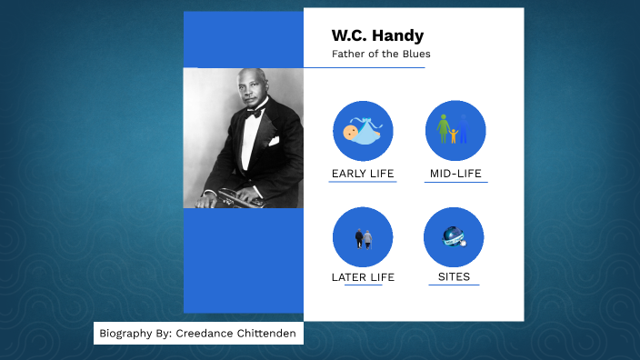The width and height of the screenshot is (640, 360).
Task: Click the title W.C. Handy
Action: (x=377, y=36)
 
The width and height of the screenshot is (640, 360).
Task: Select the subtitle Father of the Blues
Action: (x=380, y=55)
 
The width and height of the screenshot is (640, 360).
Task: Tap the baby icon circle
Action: (x=363, y=131)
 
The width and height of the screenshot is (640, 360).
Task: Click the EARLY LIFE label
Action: (x=363, y=174)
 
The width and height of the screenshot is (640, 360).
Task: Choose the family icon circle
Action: (x=455, y=131)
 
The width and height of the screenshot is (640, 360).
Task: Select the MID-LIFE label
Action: (x=455, y=174)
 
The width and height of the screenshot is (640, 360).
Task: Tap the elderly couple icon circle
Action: (x=363, y=237)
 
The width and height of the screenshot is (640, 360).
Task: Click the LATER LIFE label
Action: (x=363, y=277)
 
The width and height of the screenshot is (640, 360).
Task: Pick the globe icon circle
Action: (x=454, y=237)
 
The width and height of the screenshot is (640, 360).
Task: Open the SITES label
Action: (x=454, y=277)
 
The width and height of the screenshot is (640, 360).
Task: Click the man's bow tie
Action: (x=255, y=112)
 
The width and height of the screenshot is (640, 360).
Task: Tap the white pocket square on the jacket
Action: (x=273, y=141)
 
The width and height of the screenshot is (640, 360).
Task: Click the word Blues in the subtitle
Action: (x=416, y=55)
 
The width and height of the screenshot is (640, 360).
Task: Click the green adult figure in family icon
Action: (x=445, y=128)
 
